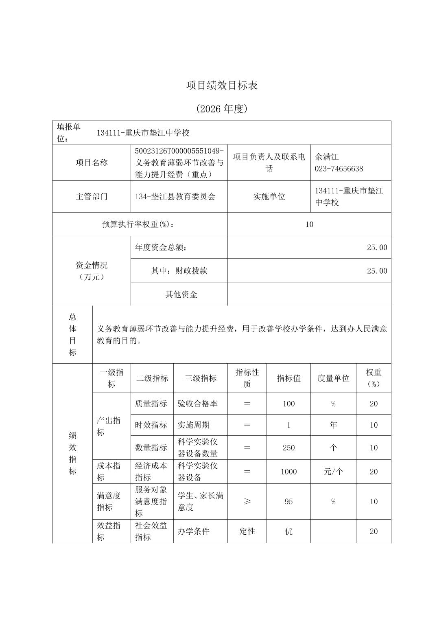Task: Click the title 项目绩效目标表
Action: point(222,86)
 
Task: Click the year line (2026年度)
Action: point(222,109)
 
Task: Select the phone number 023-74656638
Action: point(339,169)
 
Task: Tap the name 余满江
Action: point(327,157)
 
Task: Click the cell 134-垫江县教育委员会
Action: point(175,196)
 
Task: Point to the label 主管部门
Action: point(92,196)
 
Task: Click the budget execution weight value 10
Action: point(309,224)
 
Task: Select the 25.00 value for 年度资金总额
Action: point(377,247)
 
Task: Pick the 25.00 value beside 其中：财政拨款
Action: point(377,271)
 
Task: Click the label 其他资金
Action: point(181,294)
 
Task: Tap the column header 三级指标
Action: point(201,378)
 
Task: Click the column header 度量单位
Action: point(333,378)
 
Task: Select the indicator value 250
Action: point(288,448)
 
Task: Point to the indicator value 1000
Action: point(288,472)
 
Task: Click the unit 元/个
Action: point(333,472)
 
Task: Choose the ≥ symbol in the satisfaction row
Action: point(247,501)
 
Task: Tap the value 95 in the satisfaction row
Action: point(288,501)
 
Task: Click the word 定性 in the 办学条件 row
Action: point(247,531)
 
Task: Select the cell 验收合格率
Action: point(198,404)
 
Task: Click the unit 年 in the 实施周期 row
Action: point(333,425)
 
